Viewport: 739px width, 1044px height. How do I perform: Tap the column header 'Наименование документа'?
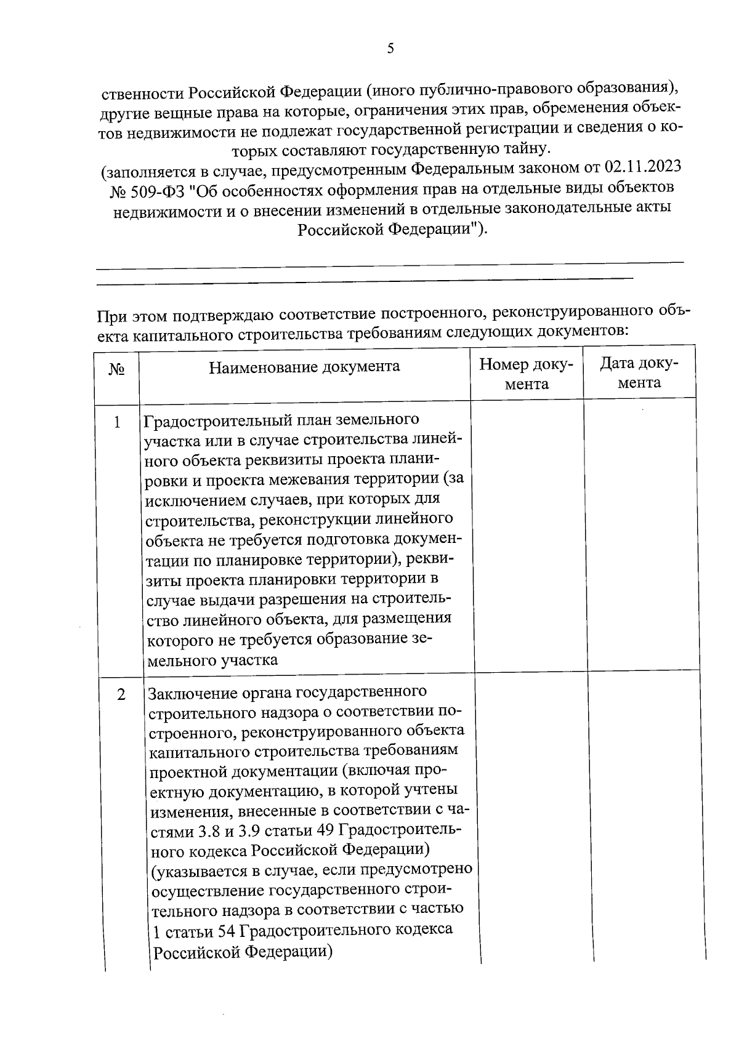(x=304, y=367)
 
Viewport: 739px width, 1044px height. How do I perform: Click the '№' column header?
(x=116, y=369)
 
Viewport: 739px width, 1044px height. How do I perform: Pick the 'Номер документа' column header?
(x=526, y=374)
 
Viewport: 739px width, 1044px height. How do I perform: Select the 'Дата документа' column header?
(x=639, y=373)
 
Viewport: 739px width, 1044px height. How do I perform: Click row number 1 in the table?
(x=117, y=423)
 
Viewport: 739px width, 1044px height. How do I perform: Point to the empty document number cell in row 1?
(x=527, y=536)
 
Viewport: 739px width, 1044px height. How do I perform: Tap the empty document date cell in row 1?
(x=640, y=536)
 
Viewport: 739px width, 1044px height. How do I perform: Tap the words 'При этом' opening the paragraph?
(x=132, y=316)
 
